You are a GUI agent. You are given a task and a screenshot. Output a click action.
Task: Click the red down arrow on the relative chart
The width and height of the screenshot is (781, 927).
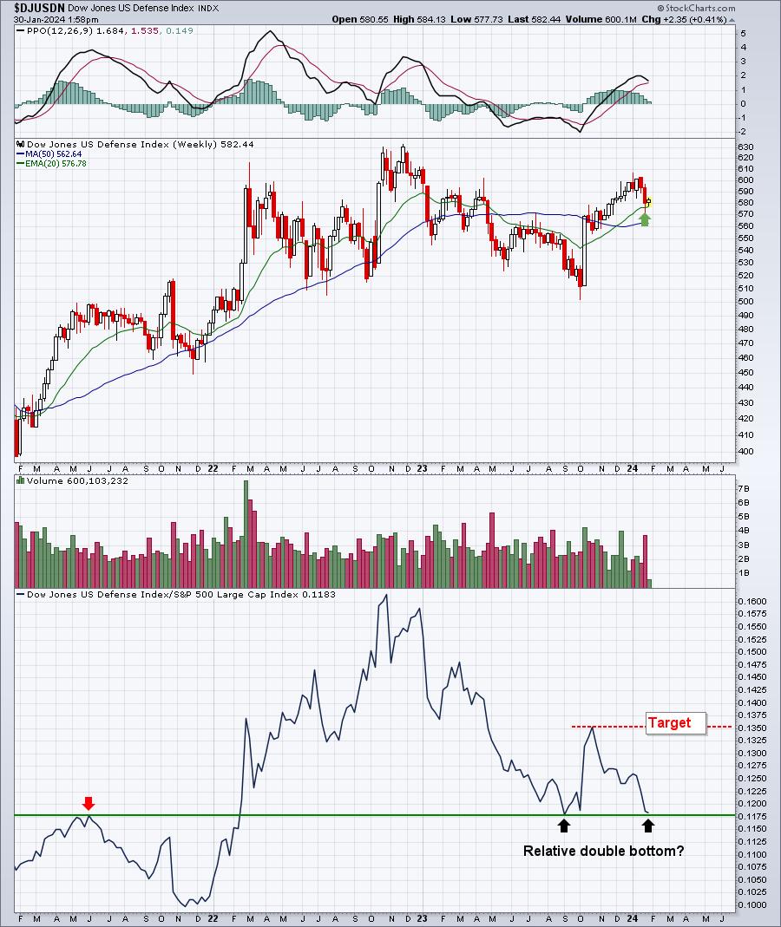coord(89,803)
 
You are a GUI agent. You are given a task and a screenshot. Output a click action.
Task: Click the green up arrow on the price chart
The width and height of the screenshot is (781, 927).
coord(645,219)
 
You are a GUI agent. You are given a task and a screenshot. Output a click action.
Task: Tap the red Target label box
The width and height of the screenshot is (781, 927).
coord(676,723)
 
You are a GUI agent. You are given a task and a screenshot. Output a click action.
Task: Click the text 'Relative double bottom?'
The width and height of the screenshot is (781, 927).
coord(603,851)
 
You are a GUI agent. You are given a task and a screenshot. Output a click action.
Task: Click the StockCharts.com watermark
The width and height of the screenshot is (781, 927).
coord(697,9)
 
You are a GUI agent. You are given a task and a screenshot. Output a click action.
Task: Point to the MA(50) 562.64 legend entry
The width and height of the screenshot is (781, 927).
coord(49,153)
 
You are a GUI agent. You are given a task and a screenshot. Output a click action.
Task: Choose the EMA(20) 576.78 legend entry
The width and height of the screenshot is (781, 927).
coord(52,163)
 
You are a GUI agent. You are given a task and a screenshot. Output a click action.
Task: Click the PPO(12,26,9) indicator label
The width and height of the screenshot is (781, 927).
coord(59,30)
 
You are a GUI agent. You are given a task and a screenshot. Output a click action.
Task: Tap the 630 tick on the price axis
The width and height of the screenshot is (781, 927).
coord(745,147)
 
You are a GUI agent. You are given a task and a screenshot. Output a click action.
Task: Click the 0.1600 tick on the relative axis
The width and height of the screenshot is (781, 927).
coord(752,601)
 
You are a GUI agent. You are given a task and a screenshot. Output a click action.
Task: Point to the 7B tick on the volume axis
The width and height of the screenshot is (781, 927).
coord(743,488)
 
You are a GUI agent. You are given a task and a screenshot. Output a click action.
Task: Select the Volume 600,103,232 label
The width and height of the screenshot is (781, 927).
coord(77,480)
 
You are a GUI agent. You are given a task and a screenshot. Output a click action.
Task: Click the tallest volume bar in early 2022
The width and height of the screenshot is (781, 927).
coord(246,534)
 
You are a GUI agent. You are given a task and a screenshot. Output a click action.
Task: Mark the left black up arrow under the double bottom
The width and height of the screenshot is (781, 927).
coord(564,826)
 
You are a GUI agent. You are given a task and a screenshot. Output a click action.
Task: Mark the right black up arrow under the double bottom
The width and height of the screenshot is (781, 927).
coord(648,826)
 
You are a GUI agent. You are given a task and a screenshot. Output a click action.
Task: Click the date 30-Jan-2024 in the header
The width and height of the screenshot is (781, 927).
coord(39,19)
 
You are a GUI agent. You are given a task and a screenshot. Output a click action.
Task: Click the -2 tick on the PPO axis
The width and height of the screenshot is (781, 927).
coord(743,132)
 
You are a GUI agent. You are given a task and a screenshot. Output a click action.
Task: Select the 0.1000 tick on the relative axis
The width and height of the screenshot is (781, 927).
coord(752,904)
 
